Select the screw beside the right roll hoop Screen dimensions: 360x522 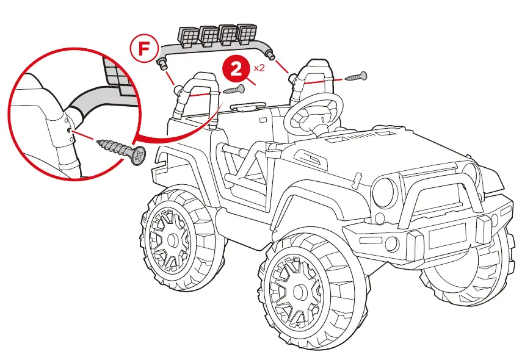355,77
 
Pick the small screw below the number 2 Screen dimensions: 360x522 234,90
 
